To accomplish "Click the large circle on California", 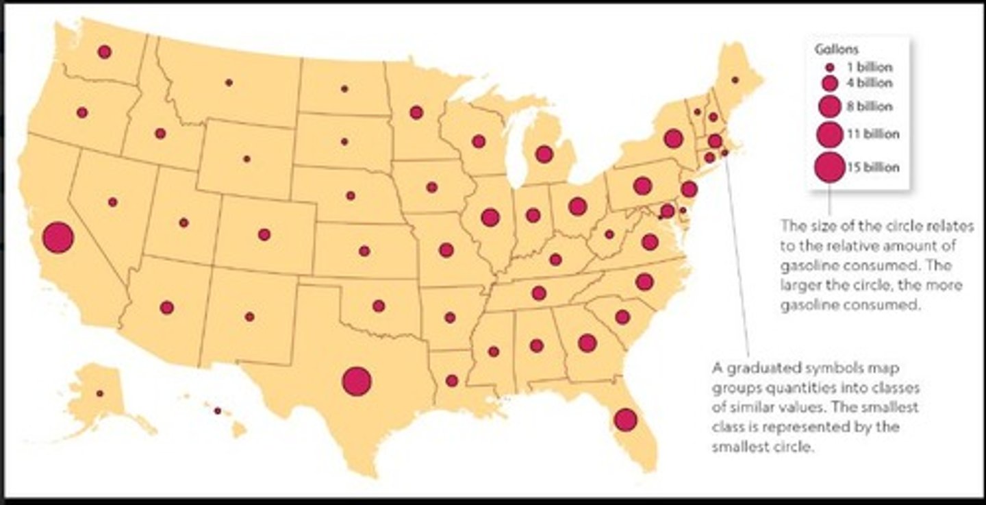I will (58, 238).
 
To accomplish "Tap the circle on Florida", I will (625, 419).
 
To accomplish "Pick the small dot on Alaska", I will (99, 393).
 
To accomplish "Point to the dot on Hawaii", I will (218, 411).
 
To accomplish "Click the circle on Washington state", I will (104, 51).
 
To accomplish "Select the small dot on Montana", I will (229, 82).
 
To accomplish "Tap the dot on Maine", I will (735, 80).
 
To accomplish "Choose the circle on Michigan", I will (544, 154).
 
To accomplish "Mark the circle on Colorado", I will (264, 234).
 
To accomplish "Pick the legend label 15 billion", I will (872, 168).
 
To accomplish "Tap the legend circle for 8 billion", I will (829, 106).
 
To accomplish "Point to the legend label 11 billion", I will (872, 133).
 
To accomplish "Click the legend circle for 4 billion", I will (829, 84).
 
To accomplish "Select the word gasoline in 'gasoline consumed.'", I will (807, 305).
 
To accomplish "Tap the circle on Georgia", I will (587, 343).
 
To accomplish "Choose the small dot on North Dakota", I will (344, 89).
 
